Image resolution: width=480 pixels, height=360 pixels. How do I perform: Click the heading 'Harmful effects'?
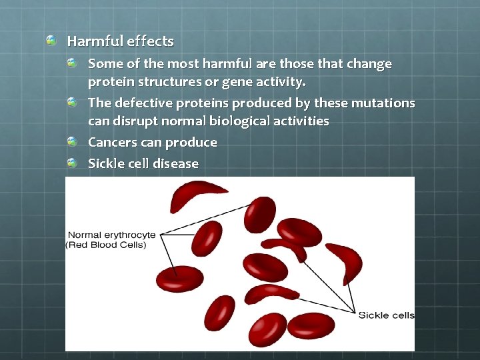pyautogui.click(x=120, y=41)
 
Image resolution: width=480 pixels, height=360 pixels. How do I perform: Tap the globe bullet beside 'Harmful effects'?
pyautogui.click(x=51, y=41)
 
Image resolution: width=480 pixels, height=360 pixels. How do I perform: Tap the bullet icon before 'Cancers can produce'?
pyautogui.click(x=72, y=141)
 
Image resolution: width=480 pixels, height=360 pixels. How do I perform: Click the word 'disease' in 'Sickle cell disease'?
pyautogui.click(x=175, y=164)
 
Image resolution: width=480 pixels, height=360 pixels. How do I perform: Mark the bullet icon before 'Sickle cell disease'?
pyautogui.click(x=72, y=163)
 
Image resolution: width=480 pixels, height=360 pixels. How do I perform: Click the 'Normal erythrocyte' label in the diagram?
pyautogui.click(x=111, y=235)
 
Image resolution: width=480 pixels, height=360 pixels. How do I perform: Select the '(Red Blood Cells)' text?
pyautogui.click(x=106, y=245)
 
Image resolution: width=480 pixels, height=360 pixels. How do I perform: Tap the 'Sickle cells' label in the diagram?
pyautogui.click(x=386, y=315)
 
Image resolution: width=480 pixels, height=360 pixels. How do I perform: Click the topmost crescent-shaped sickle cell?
pyautogui.click(x=198, y=196)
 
